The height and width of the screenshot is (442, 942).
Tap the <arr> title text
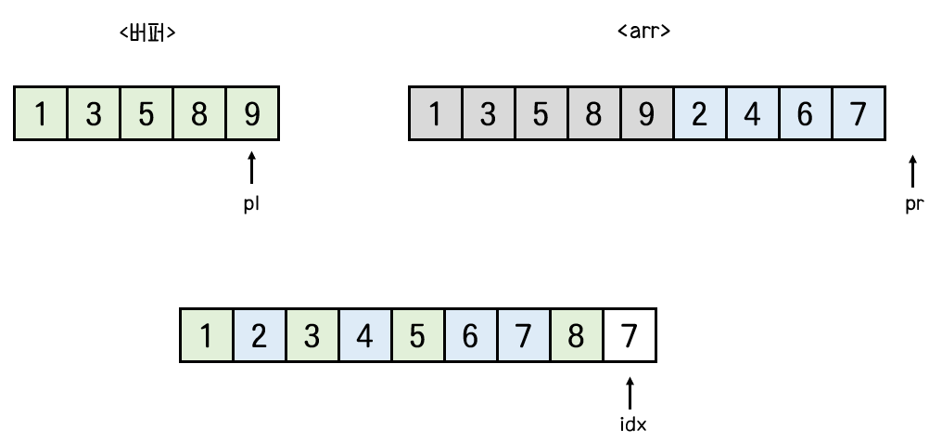pos(643,31)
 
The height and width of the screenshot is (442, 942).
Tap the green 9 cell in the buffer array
pos(252,114)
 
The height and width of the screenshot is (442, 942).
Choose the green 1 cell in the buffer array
pos(41,114)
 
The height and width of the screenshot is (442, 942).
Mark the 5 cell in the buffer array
pos(146,114)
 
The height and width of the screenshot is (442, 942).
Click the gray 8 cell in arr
pos(593,114)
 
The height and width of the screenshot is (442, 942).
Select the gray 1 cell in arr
pos(435,114)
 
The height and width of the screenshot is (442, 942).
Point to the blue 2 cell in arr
pos(699,114)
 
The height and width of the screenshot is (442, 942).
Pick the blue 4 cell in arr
pos(752,114)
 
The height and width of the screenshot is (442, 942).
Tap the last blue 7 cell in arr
pos(859,114)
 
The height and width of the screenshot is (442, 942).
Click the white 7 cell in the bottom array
pos(630,335)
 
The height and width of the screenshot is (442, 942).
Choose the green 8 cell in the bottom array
pos(577,335)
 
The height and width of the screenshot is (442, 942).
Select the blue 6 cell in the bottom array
pos(471,335)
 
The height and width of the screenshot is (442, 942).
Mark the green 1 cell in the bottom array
pos(207,335)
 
